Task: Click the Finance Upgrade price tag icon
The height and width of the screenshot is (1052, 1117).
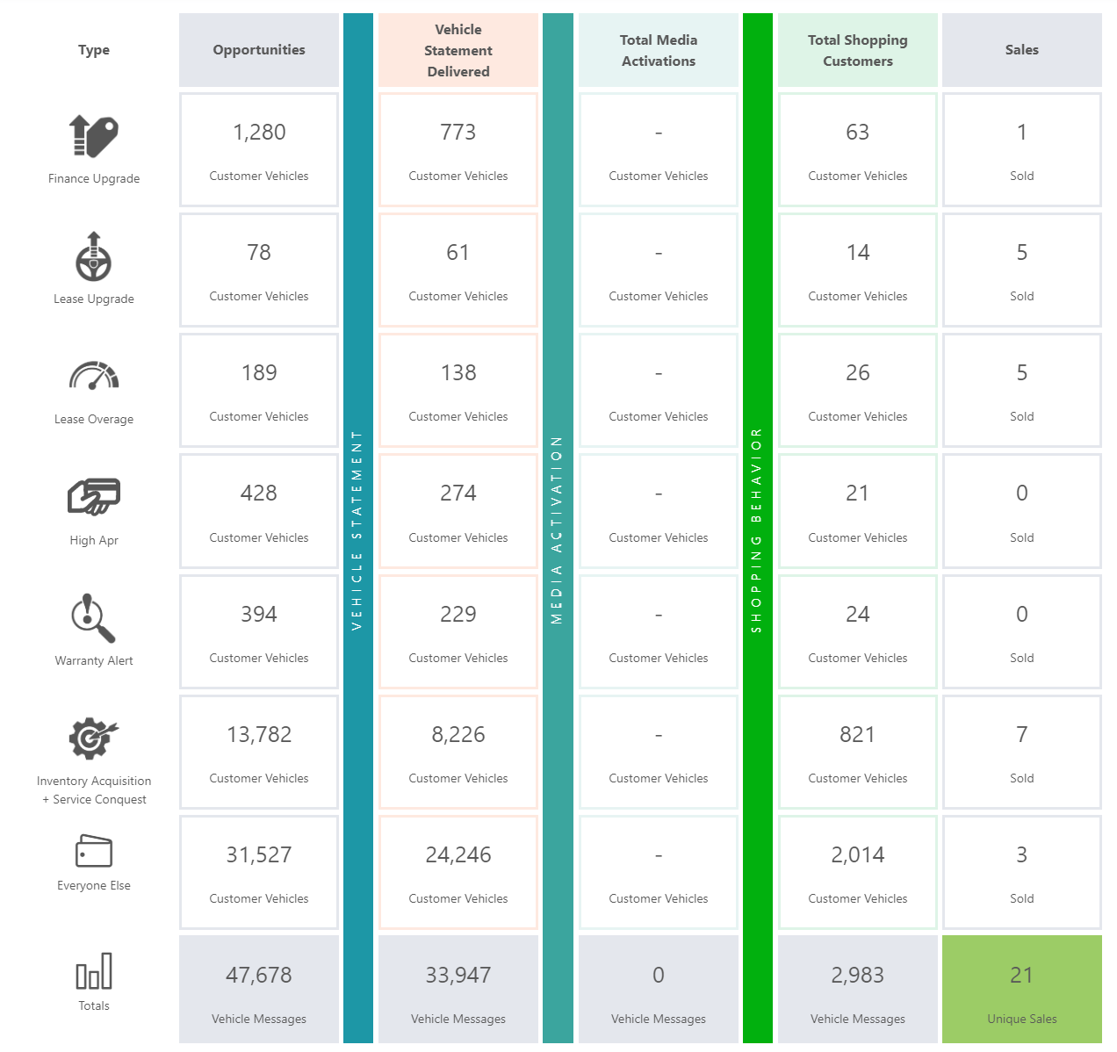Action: coord(94,136)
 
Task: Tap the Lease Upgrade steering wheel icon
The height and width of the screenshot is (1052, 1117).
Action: coord(94,256)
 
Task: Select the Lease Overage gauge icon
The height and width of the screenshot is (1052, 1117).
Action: coord(94,376)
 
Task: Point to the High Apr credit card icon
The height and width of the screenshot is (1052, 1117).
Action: coord(94,496)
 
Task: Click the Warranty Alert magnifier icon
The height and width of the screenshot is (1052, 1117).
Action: coord(93,618)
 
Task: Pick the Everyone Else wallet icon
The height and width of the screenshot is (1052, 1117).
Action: coord(94,851)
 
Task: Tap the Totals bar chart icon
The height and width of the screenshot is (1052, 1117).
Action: coord(94,971)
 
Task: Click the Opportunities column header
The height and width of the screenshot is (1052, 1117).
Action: coord(259,50)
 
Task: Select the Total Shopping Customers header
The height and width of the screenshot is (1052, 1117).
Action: coord(858,51)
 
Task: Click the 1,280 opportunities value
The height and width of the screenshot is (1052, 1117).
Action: coord(259,133)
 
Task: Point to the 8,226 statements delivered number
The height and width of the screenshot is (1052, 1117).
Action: coord(458,735)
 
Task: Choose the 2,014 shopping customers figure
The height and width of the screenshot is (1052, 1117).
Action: coord(858,855)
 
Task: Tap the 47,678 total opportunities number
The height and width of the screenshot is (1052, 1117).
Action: coord(259,976)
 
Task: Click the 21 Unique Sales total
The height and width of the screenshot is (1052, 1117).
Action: coord(1021,976)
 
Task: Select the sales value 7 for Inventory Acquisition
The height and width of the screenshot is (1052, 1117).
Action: coord(1021,735)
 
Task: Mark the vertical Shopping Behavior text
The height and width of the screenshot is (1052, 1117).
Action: coord(757,530)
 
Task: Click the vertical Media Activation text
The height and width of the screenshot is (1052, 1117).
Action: coord(557,530)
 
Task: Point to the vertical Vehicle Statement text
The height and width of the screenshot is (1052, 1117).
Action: coord(357,530)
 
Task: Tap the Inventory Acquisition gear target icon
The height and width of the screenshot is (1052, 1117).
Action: coord(93,739)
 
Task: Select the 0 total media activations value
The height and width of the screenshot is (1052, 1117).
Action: coord(659,976)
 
